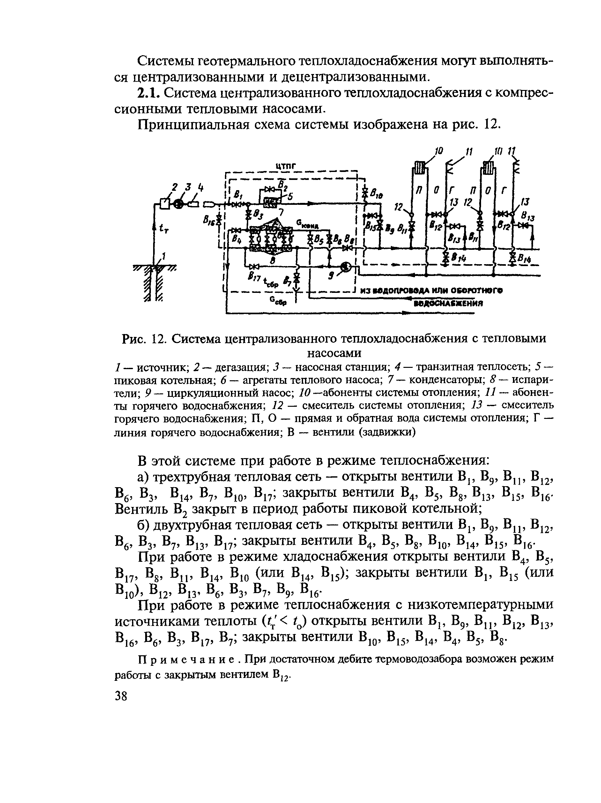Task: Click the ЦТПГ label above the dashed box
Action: click(x=286, y=166)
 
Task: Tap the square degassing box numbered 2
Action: click(x=165, y=204)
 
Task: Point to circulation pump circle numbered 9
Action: click(x=345, y=267)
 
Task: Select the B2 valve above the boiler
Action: click(x=269, y=190)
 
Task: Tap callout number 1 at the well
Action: click(x=164, y=257)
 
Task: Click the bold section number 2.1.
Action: click(x=148, y=93)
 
